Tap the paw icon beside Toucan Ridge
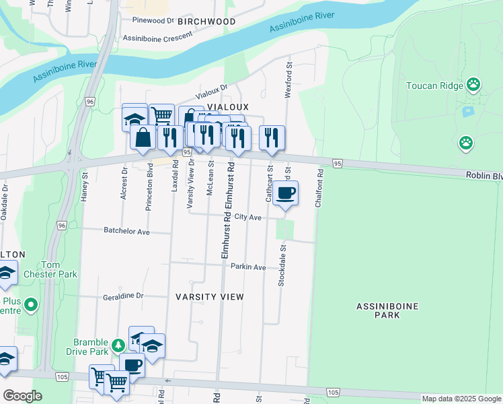tap(474, 85)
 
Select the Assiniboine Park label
tap(387, 312)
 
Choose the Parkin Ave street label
tap(248, 267)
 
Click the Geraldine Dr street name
tap(123, 296)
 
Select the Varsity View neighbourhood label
tap(210, 296)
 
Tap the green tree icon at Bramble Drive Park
tap(118, 345)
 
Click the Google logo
tap(22, 396)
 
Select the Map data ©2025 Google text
tap(461, 399)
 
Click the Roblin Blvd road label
tap(483, 175)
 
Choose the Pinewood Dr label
tap(153, 20)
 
